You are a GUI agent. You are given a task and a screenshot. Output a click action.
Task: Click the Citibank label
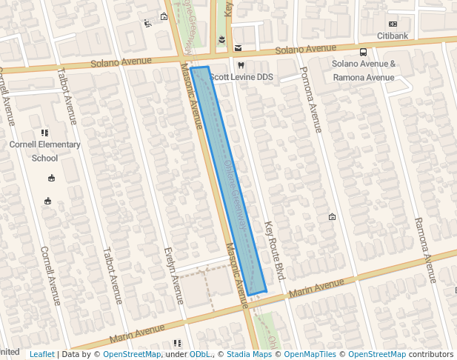coord(393,36)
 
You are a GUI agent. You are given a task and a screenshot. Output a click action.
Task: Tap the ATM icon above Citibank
coord(393,24)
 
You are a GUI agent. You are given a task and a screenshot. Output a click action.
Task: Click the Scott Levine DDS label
coord(242,77)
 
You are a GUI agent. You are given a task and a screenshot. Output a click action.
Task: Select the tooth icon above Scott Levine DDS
coord(230,66)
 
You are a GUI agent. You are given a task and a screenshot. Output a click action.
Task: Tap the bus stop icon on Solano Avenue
coord(364,53)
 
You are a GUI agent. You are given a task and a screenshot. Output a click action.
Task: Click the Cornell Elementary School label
coord(44,151)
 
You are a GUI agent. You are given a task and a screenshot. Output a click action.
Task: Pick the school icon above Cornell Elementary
coord(45,133)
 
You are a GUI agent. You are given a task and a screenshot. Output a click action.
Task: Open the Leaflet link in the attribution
coord(41,355)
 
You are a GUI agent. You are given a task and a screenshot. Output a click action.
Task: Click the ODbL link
coord(199,355)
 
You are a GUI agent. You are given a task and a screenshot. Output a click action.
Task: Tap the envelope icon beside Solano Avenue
coord(238,48)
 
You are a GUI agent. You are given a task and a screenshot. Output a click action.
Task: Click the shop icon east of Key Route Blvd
coord(332,217)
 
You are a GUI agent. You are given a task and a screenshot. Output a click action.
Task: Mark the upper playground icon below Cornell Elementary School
coord(51,178)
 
